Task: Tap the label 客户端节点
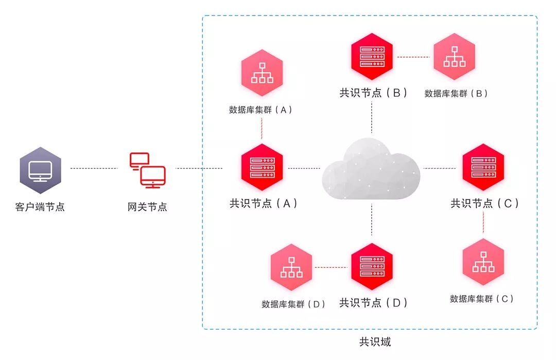[40, 207]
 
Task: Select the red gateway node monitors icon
[147, 169]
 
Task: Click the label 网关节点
[147, 207]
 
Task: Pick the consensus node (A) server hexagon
[262, 168]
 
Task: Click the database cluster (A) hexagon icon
[262, 73]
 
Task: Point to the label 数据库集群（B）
[456, 94]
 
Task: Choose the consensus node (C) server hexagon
[483, 168]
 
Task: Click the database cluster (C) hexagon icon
[483, 262]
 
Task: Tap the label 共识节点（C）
[484, 203]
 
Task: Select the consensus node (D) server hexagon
[372, 267]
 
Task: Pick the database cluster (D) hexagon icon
[291, 267]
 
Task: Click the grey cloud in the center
[371, 167]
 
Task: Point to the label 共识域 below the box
[375, 341]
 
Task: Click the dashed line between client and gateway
[94, 168]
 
